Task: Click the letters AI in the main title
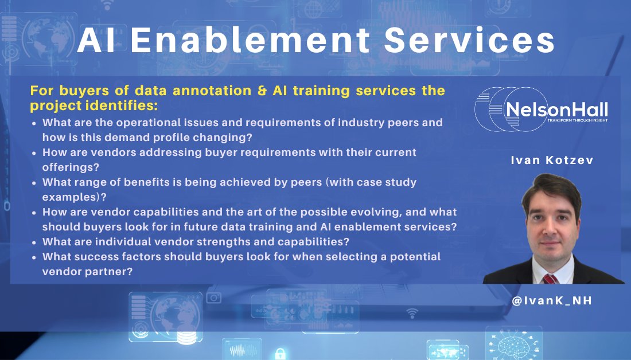click(x=96, y=41)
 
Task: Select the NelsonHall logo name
click(x=556, y=109)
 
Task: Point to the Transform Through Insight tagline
click(x=577, y=120)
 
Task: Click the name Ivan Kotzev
click(x=551, y=161)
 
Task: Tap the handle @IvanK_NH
click(x=551, y=300)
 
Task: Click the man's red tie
click(x=550, y=279)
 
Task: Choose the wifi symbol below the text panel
click(x=411, y=313)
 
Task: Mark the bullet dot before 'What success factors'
click(x=34, y=257)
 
